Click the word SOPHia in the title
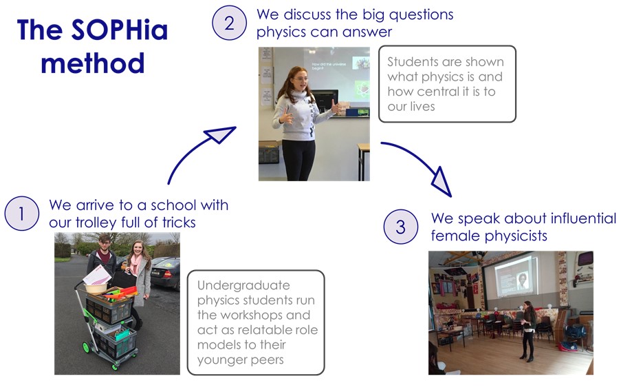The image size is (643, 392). coord(120,30)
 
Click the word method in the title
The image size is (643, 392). coord(93,63)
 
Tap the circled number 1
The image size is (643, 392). coord(22,214)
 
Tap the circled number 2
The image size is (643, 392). coord(229,23)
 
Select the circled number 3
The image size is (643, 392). coord(401,227)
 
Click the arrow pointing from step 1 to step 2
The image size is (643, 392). coord(193,149)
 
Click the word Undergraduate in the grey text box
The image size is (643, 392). coord(243,285)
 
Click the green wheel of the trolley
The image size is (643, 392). coord(86,348)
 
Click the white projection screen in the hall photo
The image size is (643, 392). coord(511,275)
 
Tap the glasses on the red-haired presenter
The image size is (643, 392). coord(301,79)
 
